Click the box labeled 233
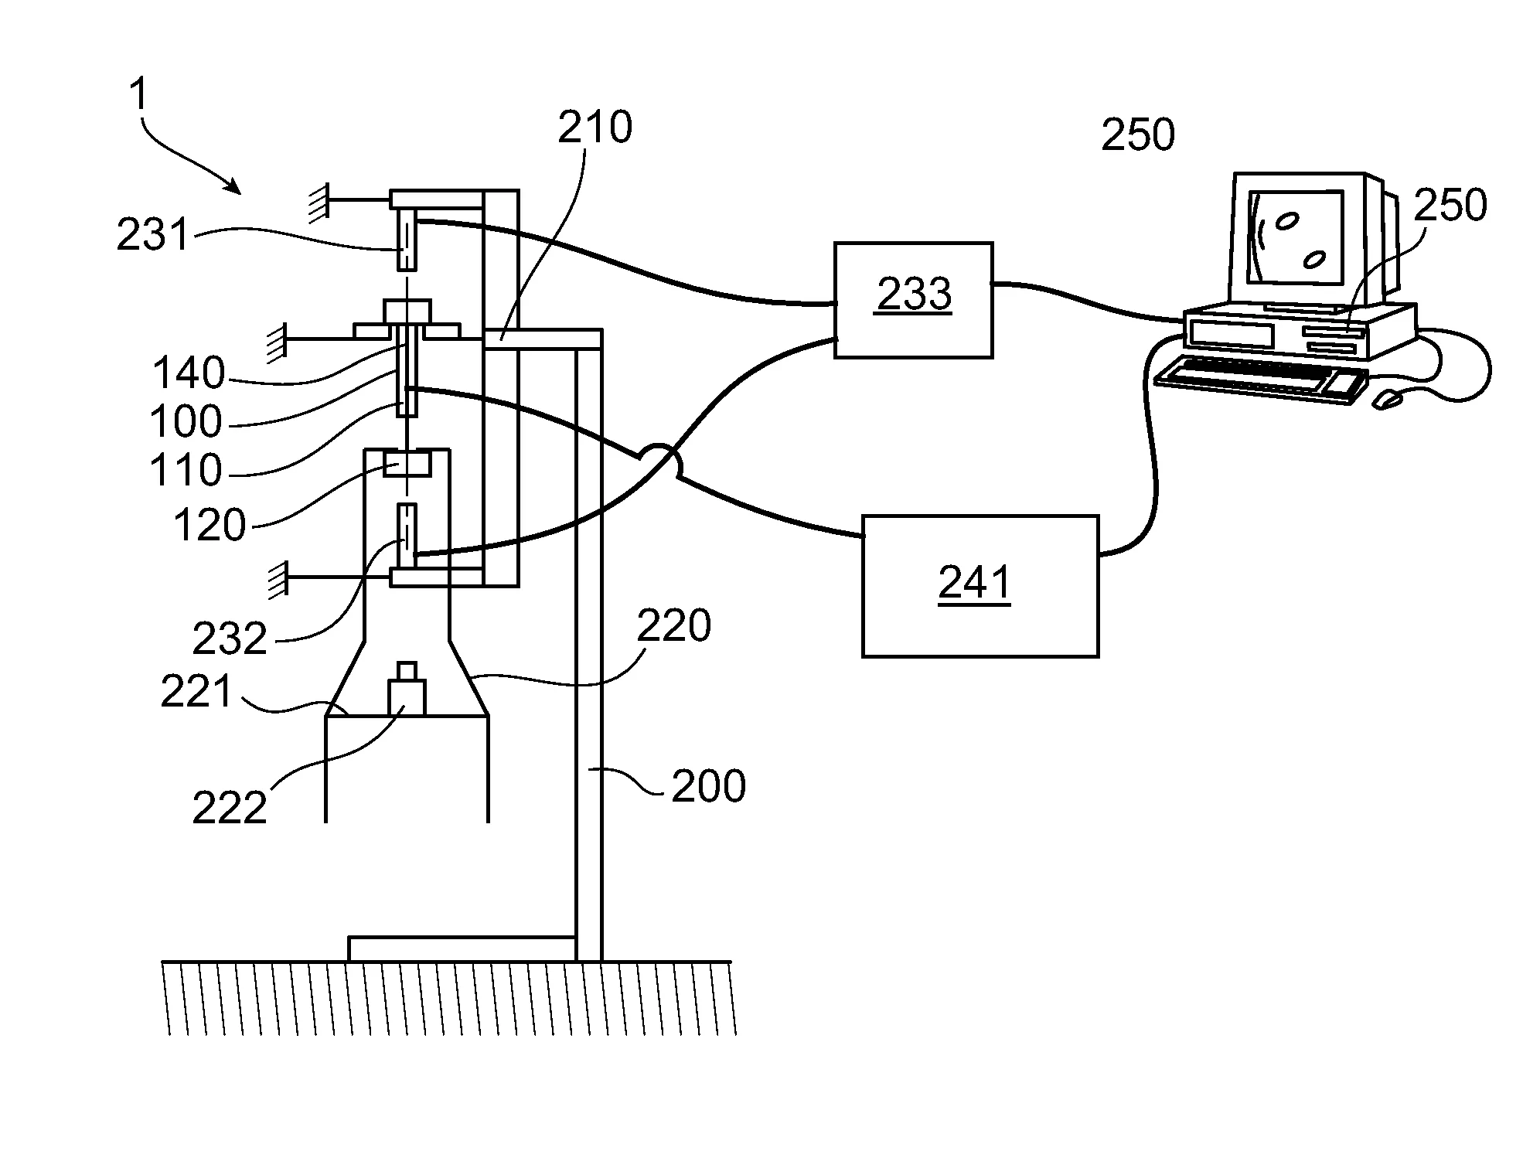[913, 300]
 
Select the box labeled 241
[980, 586]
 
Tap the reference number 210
[595, 128]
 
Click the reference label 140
[189, 373]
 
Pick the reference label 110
[186, 470]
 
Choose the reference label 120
[210, 526]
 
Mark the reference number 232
[230, 639]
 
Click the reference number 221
[196, 691]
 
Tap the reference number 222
[230, 809]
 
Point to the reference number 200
[708, 786]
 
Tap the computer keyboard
[1260, 380]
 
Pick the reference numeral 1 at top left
[138, 96]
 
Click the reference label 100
[186, 422]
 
